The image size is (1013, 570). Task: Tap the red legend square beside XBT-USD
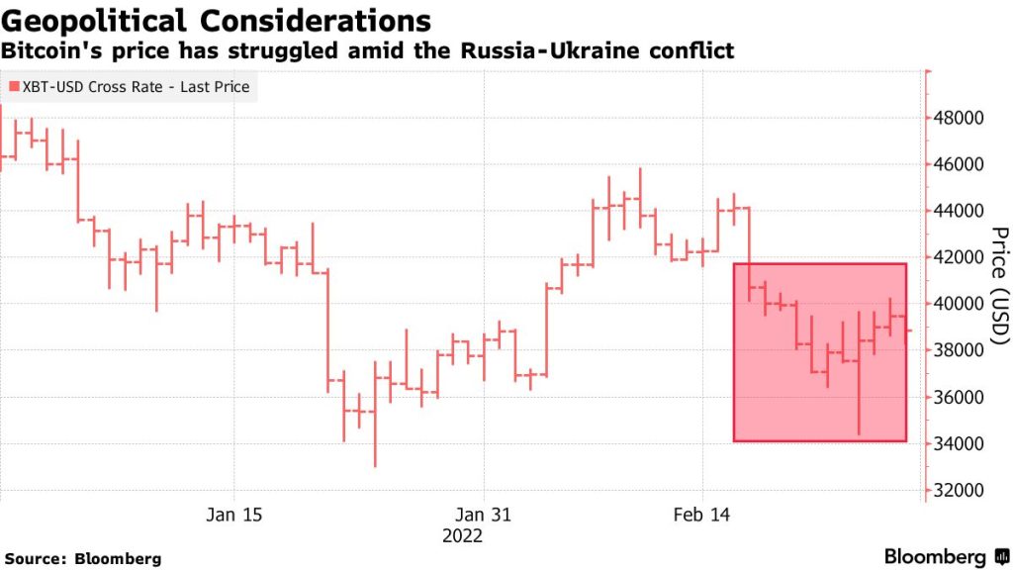pyautogui.click(x=13, y=87)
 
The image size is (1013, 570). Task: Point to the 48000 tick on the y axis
pyautogui.click(x=960, y=118)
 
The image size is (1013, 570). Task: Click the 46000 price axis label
pyautogui.click(x=960, y=164)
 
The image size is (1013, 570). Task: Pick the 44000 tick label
pyautogui.click(x=960, y=211)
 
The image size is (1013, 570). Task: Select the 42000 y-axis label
pyautogui.click(x=960, y=257)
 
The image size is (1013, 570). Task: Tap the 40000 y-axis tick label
pyautogui.click(x=960, y=304)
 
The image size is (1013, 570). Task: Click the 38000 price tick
pyautogui.click(x=960, y=350)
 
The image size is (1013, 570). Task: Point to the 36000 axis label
pyautogui.click(x=960, y=397)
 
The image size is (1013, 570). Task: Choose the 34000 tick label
pyautogui.click(x=960, y=443)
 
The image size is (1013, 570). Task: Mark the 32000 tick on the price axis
pyautogui.click(x=960, y=490)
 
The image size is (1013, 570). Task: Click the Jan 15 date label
pyautogui.click(x=235, y=515)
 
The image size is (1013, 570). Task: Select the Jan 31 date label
pyautogui.click(x=484, y=515)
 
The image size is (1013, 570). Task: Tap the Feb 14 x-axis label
pyautogui.click(x=701, y=515)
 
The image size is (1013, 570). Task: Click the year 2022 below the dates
pyautogui.click(x=462, y=535)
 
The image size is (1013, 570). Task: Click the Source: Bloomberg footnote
pyautogui.click(x=83, y=559)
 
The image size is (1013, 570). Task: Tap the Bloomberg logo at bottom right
pyautogui.click(x=945, y=557)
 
